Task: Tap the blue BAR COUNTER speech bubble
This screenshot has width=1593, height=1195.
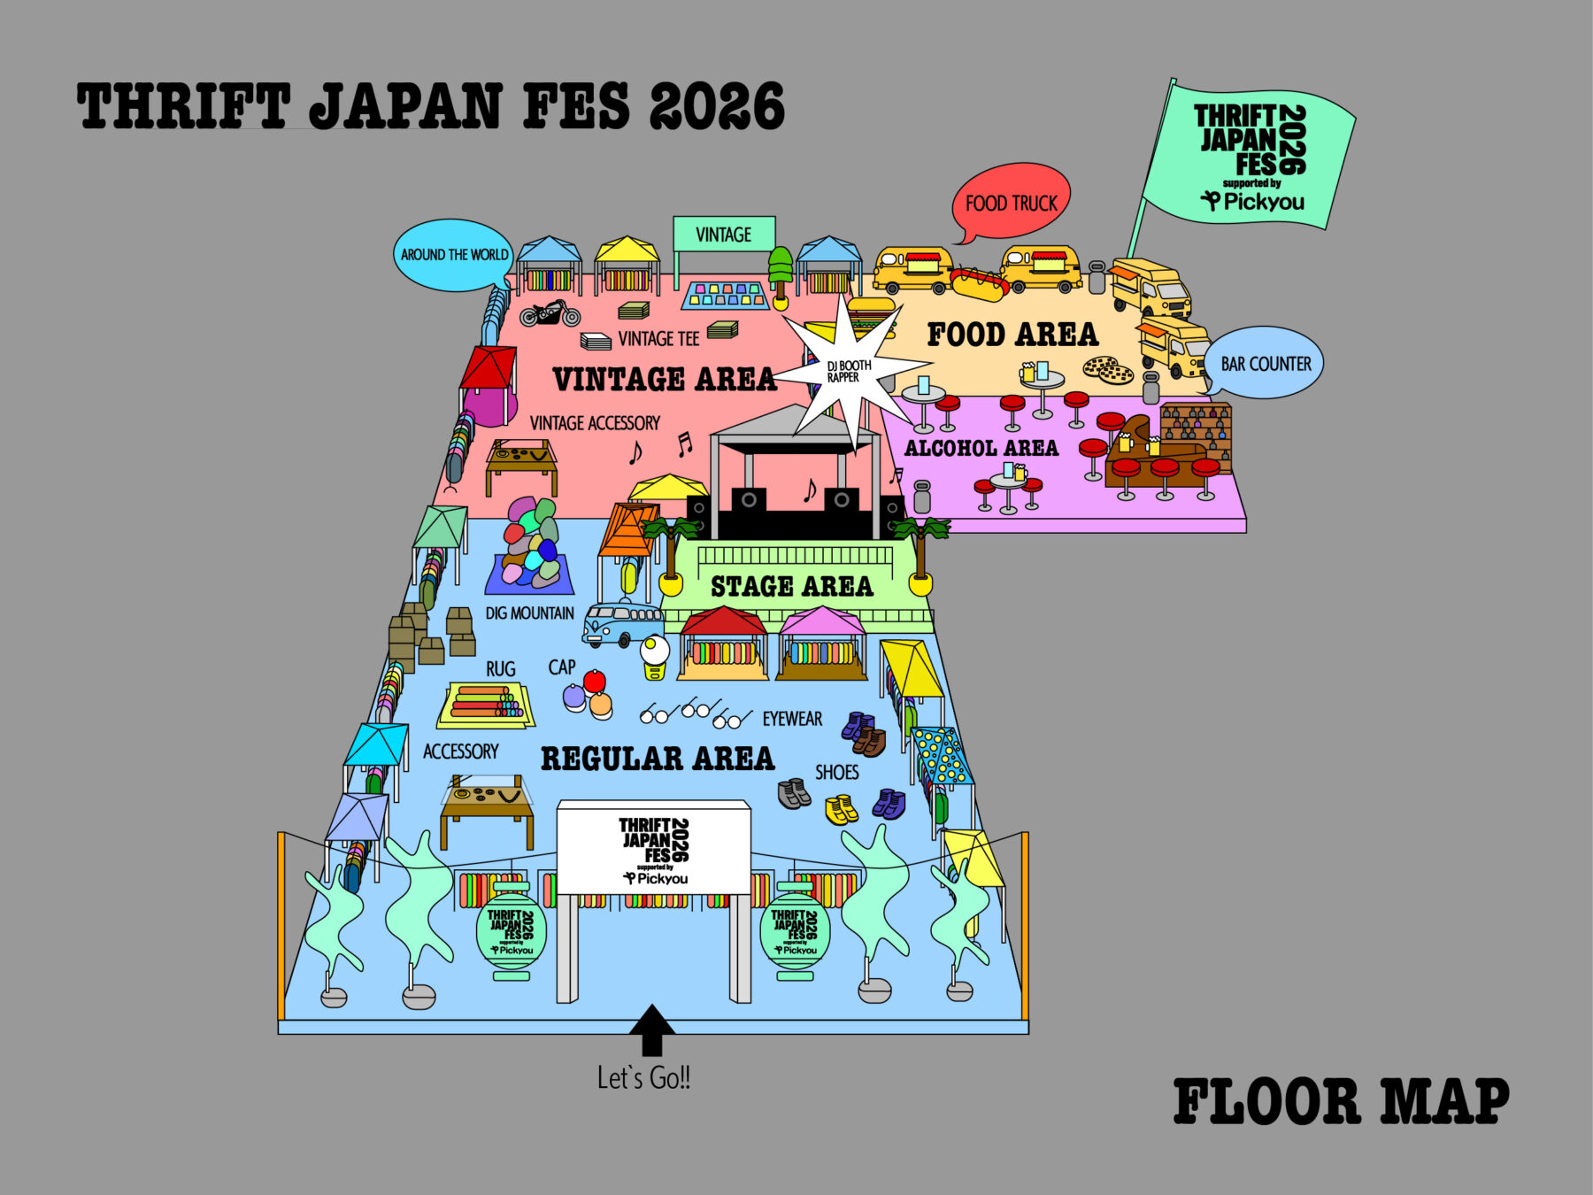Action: [x=1265, y=362]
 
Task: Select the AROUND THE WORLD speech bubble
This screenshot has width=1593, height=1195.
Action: [x=453, y=254]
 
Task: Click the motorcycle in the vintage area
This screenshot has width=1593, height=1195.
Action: [x=550, y=312]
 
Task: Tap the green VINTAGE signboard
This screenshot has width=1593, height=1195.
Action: [x=724, y=234]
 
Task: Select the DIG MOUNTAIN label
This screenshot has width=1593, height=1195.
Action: [x=529, y=613]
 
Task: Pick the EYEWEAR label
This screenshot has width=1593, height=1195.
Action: [x=792, y=719]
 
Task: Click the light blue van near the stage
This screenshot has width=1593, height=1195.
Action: [x=622, y=623]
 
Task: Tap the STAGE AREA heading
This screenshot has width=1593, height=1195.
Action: [x=791, y=586]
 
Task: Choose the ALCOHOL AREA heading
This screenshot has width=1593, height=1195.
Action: [x=981, y=448]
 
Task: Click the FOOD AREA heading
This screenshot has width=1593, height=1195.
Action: [x=1012, y=335]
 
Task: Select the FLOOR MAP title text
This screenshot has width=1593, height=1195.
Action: [x=1341, y=1101]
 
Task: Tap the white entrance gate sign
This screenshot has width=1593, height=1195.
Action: [x=653, y=846]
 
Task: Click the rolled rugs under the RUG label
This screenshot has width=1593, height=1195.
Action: [x=485, y=703]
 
